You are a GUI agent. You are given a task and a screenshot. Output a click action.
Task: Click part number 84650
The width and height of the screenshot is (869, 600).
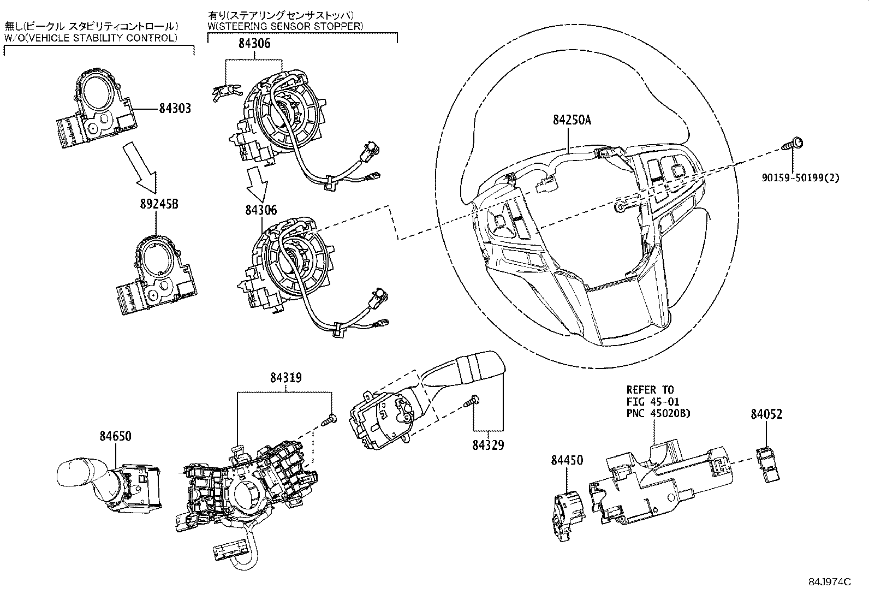[x=115, y=436]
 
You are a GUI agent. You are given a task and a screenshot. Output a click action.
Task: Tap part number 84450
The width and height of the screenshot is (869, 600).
[x=567, y=460]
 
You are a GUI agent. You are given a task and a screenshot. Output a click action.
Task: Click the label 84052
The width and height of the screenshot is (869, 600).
[x=766, y=414]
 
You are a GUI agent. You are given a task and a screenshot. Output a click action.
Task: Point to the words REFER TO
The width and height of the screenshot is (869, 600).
[x=650, y=390]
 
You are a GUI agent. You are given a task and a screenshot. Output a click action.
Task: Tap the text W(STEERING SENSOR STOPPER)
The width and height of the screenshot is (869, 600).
[x=285, y=26]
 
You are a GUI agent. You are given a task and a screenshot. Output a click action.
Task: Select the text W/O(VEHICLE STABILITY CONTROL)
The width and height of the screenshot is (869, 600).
[x=91, y=38]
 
